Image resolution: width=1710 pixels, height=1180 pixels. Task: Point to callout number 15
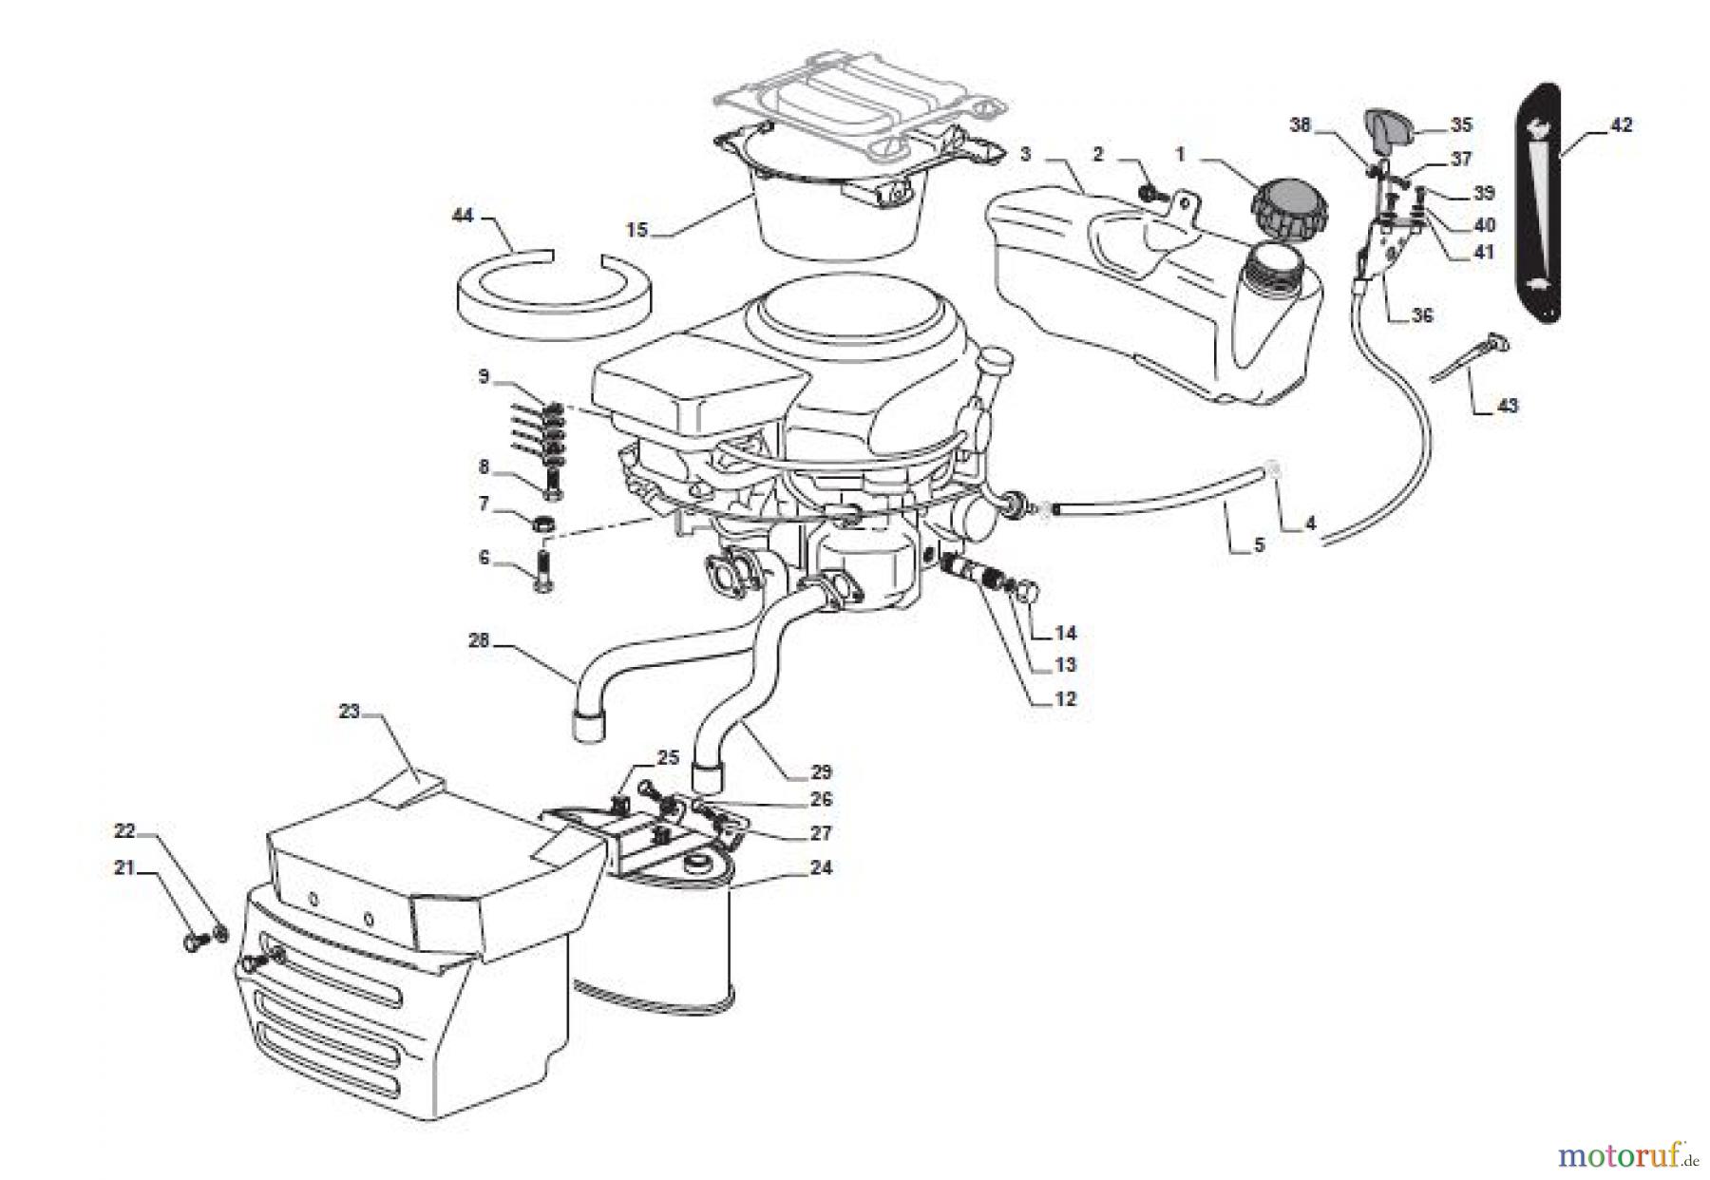[636, 230]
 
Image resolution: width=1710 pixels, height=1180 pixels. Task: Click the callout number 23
[351, 711]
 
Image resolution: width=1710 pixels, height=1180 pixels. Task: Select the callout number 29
[821, 771]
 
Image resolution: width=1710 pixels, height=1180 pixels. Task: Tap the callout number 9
[484, 377]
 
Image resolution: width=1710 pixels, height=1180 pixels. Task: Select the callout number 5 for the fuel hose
[1260, 545]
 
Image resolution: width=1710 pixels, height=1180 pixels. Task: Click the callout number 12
[1065, 699]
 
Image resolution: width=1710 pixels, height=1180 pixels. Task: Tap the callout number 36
[1421, 315]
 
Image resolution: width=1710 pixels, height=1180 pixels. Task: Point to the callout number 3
[1025, 154]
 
